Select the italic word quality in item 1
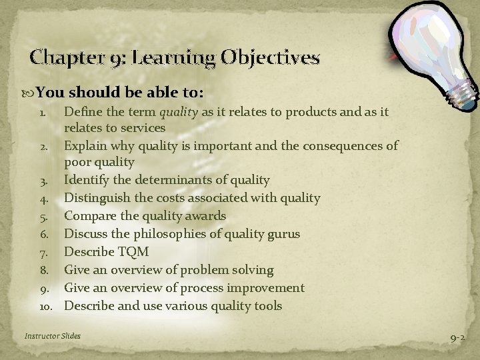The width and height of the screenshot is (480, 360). tap(177, 113)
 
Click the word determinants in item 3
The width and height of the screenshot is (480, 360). tap(163, 180)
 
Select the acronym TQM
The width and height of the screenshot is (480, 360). tap(133, 252)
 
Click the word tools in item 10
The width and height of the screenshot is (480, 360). tap(266, 306)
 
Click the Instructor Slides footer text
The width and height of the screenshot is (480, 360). tap(53, 336)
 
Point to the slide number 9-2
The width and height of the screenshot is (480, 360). tap(457, 339)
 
